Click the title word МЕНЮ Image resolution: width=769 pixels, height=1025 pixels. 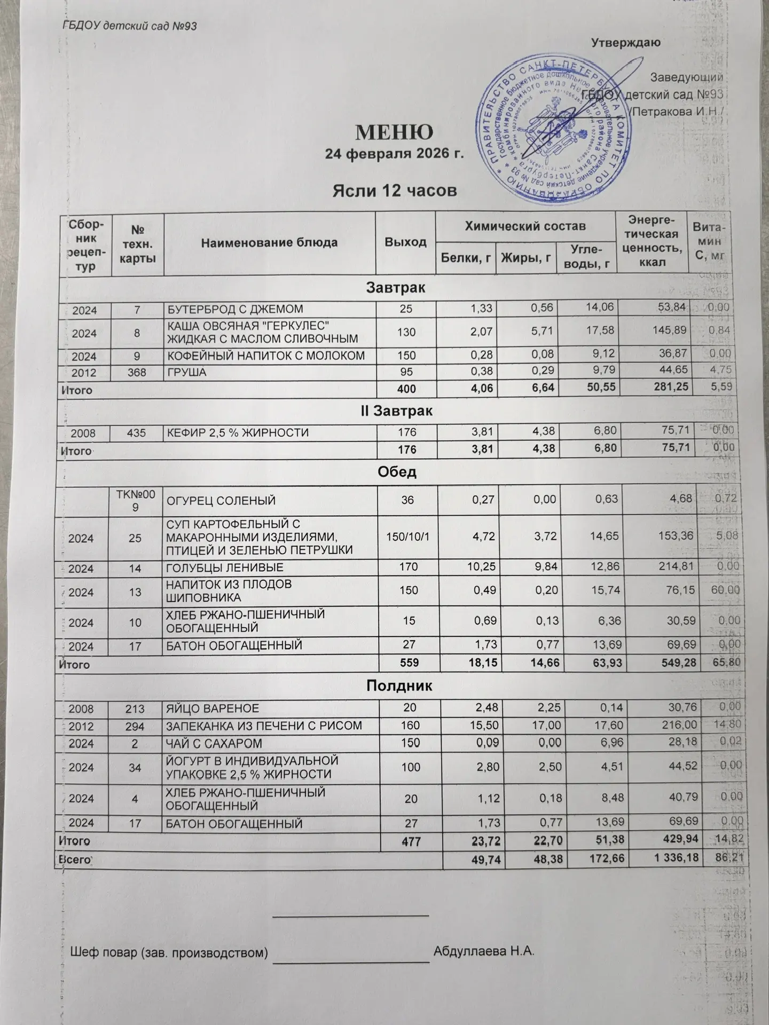click(394, 131)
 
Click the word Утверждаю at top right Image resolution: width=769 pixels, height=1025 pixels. click(625, 43)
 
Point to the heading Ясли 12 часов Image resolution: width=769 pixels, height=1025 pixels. click(395, 191)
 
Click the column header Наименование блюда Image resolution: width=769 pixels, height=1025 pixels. click(269, 243)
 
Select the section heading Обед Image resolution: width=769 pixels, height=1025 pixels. click(397, 472)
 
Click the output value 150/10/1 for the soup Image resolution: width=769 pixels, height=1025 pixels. click(407, 535)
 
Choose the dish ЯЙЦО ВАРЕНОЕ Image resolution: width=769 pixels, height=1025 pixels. click(213, 708)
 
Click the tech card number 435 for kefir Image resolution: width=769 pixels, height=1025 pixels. click(137, 432)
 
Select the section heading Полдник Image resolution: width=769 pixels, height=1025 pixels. click(399, 687)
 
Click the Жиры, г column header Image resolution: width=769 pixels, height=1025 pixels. click(525, 258)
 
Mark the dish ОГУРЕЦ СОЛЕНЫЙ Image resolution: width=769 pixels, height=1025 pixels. click(222, 501)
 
